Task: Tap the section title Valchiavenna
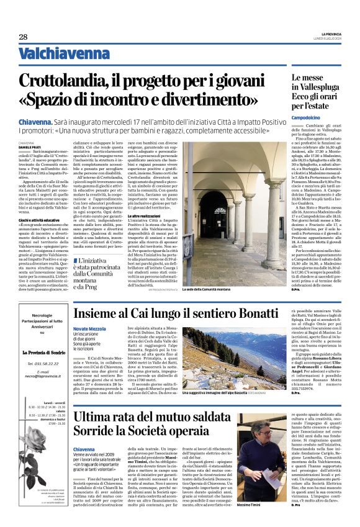(x=55, y=55)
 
